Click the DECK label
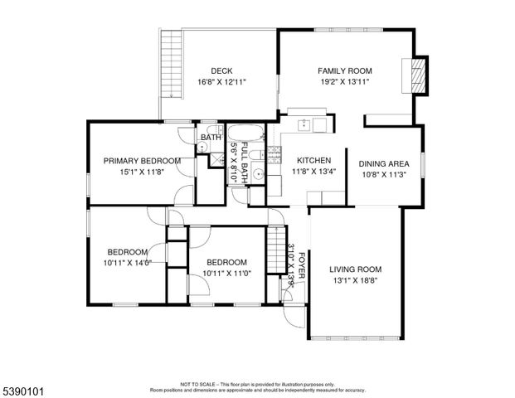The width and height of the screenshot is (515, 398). click(x=221, y=70)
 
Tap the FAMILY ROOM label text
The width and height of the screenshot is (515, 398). click(x=345, y=70)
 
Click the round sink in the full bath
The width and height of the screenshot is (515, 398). click(x=258, y=174)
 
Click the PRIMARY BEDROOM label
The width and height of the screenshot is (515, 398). click(x=142, y=161)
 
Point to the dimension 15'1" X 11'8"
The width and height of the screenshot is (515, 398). click(x=142, y=172)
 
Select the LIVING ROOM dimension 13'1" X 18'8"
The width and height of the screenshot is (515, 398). click(x=355, y=281)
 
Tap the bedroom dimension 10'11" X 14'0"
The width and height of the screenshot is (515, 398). click(x=127, y=263)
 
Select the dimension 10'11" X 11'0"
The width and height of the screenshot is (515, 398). click(x=226, y=272)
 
